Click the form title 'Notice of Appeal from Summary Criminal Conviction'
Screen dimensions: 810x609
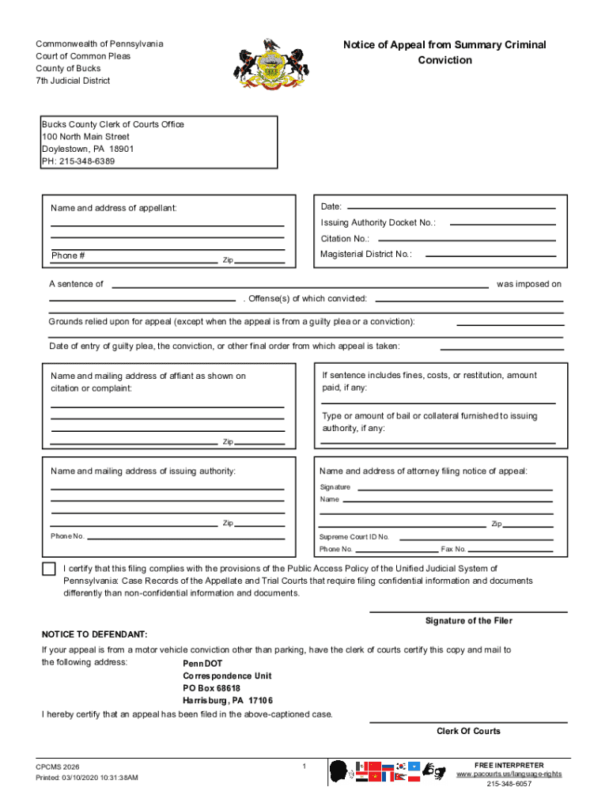coord(444,52)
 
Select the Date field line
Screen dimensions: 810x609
coord(454,208)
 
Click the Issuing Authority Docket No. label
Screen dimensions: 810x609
coord(378,223)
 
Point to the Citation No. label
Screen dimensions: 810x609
coord(345,239)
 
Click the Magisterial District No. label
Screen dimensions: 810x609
coord(366,254)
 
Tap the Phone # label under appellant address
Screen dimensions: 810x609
coord(68,255)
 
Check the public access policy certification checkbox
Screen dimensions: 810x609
coord(49,569)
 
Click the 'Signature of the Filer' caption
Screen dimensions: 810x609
coord(468,621)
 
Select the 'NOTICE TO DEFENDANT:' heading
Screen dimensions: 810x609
coord(94,635)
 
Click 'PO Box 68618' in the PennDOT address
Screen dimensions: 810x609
coord(211,688)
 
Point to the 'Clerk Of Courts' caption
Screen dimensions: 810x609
coord(468,731)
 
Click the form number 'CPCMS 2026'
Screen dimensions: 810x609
coord(57,766)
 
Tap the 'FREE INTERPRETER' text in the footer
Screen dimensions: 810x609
coord(509,765)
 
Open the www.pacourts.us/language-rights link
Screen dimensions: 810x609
coord(509,774)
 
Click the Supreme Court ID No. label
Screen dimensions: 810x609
coord(354,536)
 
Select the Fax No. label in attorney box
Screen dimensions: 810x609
coord(454,549)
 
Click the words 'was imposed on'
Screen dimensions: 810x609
coord(528,284)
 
